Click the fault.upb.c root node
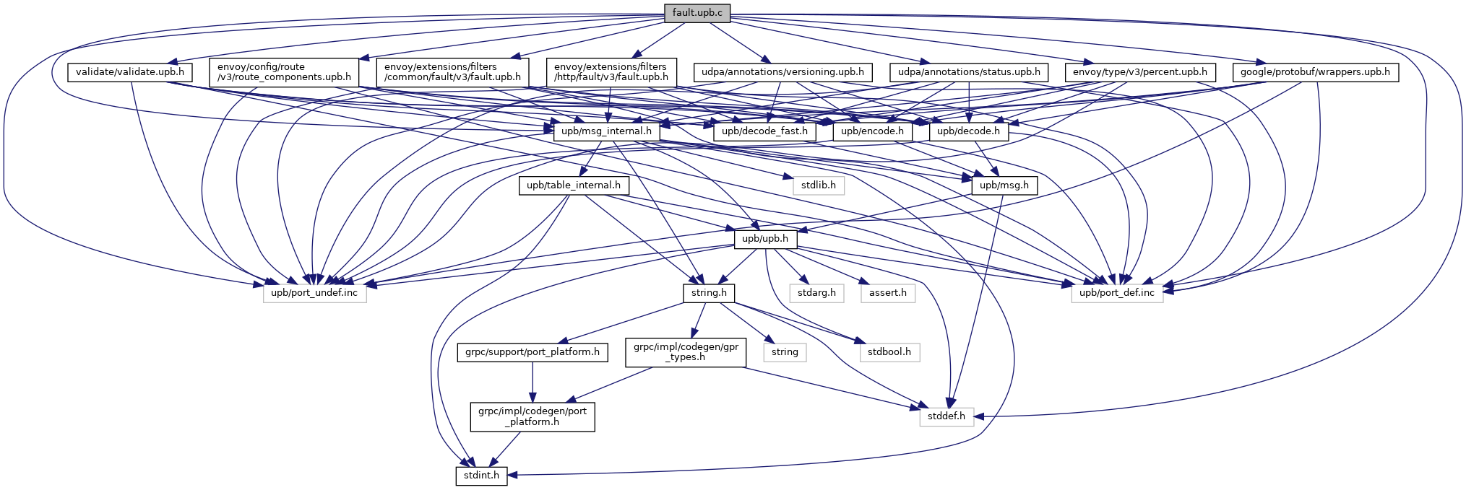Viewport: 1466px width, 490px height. [x=697, y=13]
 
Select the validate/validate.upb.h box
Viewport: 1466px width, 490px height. [x=130, y=72]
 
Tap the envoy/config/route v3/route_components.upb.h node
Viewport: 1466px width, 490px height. [x=284, y=72]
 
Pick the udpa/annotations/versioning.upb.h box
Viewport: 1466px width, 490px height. [x=782, y=72]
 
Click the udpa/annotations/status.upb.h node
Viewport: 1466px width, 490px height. [x=968, y=72]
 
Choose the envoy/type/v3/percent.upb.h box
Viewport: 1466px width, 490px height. [x=1140, y=72]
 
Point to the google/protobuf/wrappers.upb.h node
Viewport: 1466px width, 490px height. [x=1315, y=72]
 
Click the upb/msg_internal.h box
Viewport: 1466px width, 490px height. [x=606, y=131]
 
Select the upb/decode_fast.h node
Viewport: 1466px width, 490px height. [x=764, y=131]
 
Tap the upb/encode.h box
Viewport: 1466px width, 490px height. [x=872, y=131]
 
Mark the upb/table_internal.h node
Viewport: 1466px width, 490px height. [x=574, y=185]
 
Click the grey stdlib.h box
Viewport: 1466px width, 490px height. [x=819, y=185]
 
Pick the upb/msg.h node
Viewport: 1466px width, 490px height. [x=1004, y=185]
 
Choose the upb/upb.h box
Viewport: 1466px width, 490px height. [x=765, y=239]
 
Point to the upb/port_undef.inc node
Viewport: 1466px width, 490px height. [x=314, y=293]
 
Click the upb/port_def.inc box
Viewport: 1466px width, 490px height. [x=1117, y=293]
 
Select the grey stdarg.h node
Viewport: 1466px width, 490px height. [x=816, y=293]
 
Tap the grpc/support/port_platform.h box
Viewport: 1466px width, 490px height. [x=532, y=352]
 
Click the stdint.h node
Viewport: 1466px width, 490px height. [x=481, y=476]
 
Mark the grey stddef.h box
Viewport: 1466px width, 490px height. [x=947, y=416]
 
